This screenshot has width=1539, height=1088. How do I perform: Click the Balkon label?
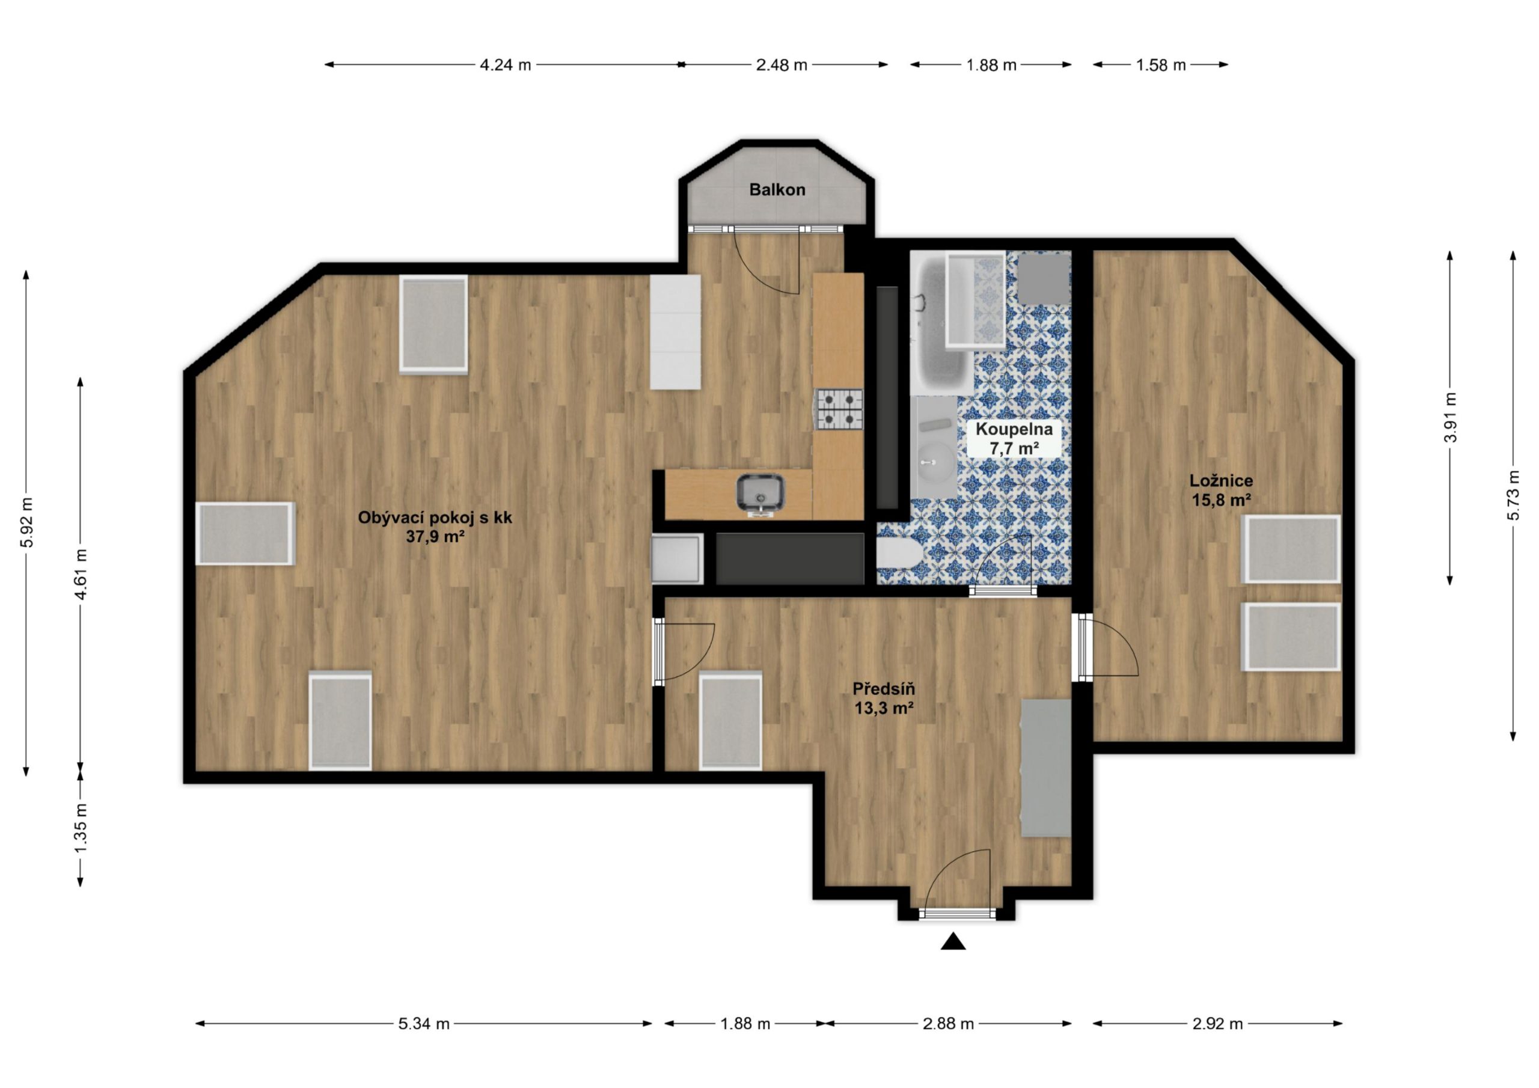click(777, 190)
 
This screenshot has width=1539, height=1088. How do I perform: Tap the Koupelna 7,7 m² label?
click(1014, 438)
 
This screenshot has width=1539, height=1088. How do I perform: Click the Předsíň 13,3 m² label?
click(884, 698)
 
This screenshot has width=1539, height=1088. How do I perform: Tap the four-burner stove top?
click(839, 409)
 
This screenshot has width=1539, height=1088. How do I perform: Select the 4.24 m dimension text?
click(506, 65)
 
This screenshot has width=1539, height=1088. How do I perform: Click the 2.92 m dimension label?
click(1217, 1024)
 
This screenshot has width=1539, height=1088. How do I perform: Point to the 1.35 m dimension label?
click(81, 828)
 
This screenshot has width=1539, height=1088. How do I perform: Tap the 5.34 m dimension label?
click(424, 1024)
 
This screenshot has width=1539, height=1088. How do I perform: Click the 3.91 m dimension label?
click(1450, 417)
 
